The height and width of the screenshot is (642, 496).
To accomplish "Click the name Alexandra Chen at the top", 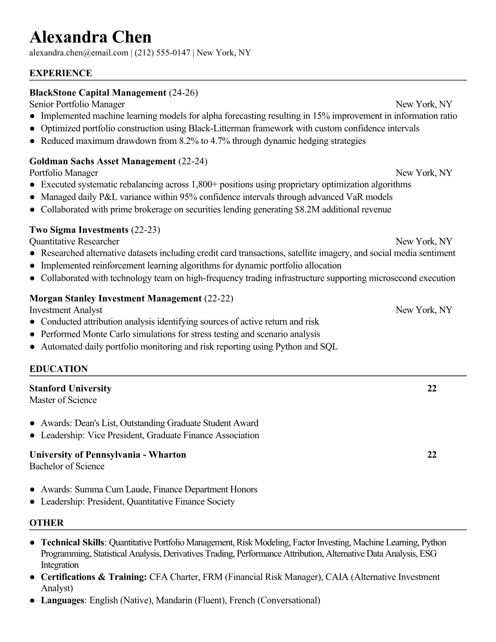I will click(90, 37).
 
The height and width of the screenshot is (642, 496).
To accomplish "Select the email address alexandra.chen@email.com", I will click(79, 53).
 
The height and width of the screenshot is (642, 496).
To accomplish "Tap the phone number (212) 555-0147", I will click(162, 53).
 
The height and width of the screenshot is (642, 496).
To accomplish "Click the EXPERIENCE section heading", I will click(61, 73).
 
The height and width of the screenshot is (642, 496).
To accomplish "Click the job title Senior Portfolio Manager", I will click(77, 105).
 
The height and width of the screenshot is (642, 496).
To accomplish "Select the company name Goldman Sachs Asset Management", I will click(103, 161).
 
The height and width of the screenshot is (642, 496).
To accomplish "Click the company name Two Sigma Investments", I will click(79, 230).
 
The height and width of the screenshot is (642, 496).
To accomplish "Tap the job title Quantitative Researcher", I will click(74, 242).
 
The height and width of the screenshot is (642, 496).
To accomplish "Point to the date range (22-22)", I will click(219, 299).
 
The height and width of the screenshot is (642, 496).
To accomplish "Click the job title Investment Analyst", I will click(66, 310).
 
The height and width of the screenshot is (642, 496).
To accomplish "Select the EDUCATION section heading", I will click(58, 369).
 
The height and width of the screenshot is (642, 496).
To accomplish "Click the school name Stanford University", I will click(70, 389).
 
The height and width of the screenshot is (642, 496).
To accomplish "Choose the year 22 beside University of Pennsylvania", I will click(432, 455).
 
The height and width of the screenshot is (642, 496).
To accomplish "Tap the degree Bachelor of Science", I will click(67, 467).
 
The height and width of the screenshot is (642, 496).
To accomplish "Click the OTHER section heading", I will click(47, 523).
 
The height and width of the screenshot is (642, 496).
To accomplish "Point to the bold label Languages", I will click(62, 600).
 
